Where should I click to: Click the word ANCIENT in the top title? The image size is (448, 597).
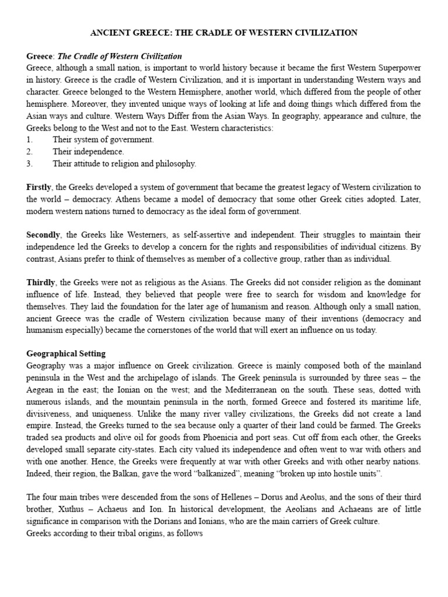tap(110, 33)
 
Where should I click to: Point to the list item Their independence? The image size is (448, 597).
tap(88, 152)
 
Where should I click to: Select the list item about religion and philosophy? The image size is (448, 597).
tap(124, 164)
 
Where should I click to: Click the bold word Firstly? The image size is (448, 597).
tap(39, 187)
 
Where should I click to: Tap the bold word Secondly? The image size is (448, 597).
tap(43, 235)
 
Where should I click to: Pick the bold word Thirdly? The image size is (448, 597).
tap(41, 283)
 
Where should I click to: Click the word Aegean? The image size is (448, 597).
tap(41, 390)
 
